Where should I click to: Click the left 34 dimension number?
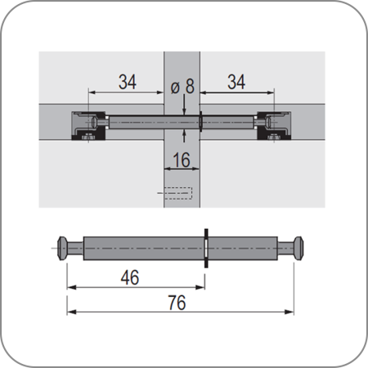[128, 82]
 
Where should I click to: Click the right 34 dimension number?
[236, 82]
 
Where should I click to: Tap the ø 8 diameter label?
[182, 87]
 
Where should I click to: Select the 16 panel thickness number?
[182, 159]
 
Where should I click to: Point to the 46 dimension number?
[130, 277]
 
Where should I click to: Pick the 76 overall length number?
[177, 303]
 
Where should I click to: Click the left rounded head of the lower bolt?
[62, 248]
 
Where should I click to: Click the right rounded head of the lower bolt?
[298, 248]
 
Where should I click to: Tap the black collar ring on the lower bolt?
[206, 248]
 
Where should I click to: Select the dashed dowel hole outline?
[178, 193]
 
